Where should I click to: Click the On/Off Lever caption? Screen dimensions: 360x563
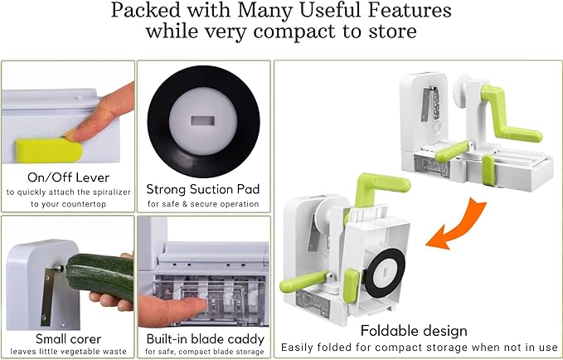[68, 178]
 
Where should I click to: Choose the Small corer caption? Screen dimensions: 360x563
[68, 338]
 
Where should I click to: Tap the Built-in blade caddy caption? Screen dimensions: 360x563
[203, 338]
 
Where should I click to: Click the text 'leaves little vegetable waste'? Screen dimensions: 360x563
[68, 351]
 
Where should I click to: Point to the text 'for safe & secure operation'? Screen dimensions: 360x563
[203, 203]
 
